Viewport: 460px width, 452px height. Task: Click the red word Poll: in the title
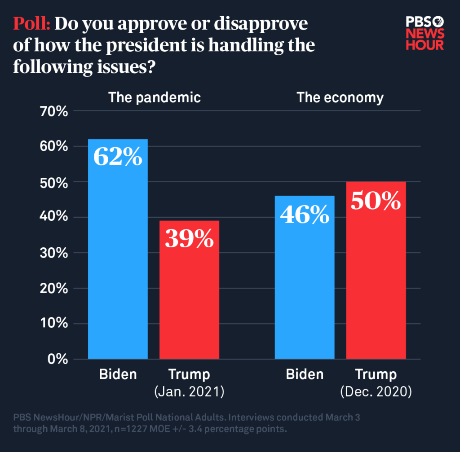click(32, 24)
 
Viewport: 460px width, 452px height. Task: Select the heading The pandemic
click(155, 97)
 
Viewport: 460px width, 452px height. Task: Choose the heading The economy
click(340, 97)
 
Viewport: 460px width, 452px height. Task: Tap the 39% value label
click(189, 238)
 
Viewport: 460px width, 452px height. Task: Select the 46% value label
click(305, 214)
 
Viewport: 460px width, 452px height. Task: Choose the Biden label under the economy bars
click(305, 374)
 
